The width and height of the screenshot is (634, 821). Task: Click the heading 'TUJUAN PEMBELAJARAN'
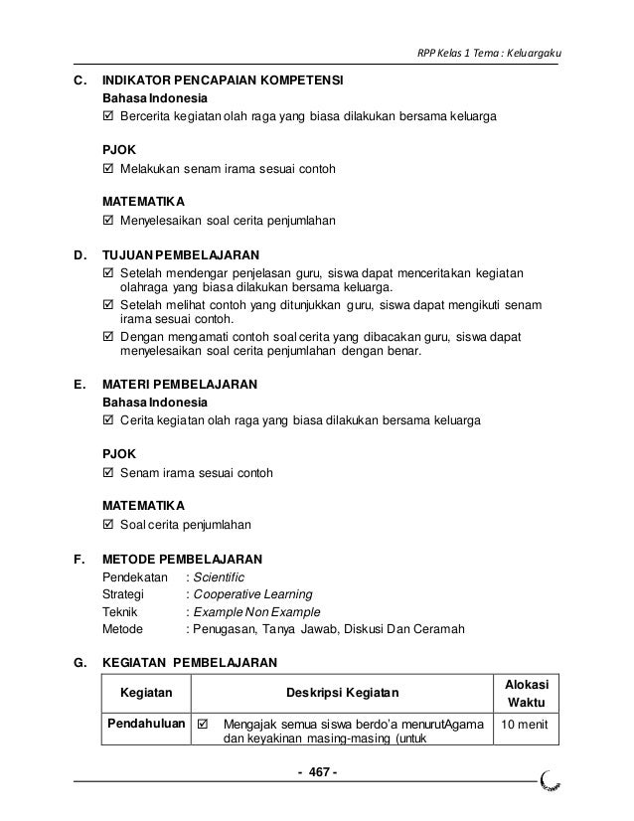(182, 254)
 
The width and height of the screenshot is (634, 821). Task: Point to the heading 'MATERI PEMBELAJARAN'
(181, 383)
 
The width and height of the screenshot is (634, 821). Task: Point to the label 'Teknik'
(121, 612)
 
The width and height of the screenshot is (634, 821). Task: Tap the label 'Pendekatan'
(134, 576)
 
